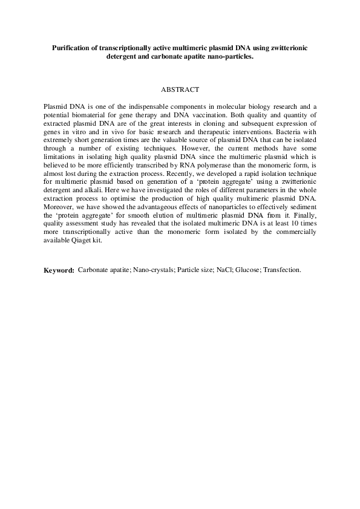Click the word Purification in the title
pos(71,47)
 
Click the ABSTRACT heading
pos(180,89)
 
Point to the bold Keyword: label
pos(59,270)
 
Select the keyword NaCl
pos(224,270)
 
